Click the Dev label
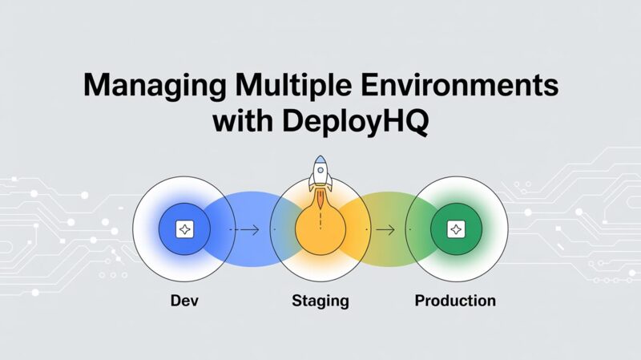(x=184, y=301)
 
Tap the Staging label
(x=320, y=301)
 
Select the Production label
(x=455, y=301)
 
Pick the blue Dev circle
(x=183, y=230)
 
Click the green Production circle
(x=455, y=230)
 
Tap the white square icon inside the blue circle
(x=184, y=230)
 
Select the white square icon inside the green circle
(x=455, y=230)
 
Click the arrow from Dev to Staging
(x=247, y=230)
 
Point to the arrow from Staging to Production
(x=385, y=230)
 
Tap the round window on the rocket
(x=320, y=169)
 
